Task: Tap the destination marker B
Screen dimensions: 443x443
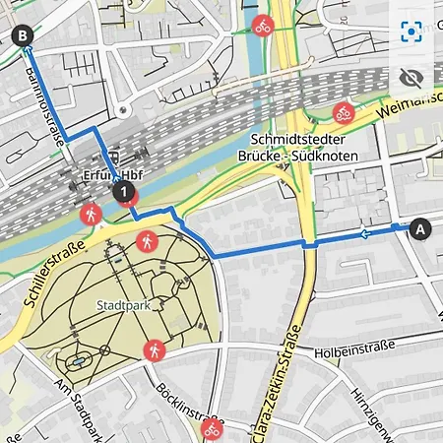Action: pyautogui.click(x=24, y=37)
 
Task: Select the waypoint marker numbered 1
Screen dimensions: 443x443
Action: pyautogui.click(x=124, y=193)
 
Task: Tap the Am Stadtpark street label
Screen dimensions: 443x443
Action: pyautogui.click(x=81, y=410)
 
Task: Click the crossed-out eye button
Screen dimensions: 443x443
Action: pyautogui.click(x=411, y=78)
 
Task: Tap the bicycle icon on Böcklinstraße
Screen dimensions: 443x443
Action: pyautogui.click(x=211, y=429)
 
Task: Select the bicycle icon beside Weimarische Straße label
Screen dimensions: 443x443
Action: pyautogui.click(x=343, y=111)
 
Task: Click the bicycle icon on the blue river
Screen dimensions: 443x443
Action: pyautogui.click(x=263, y=26)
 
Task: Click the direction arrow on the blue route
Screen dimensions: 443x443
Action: pyautogui.click(x=366, y=233)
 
